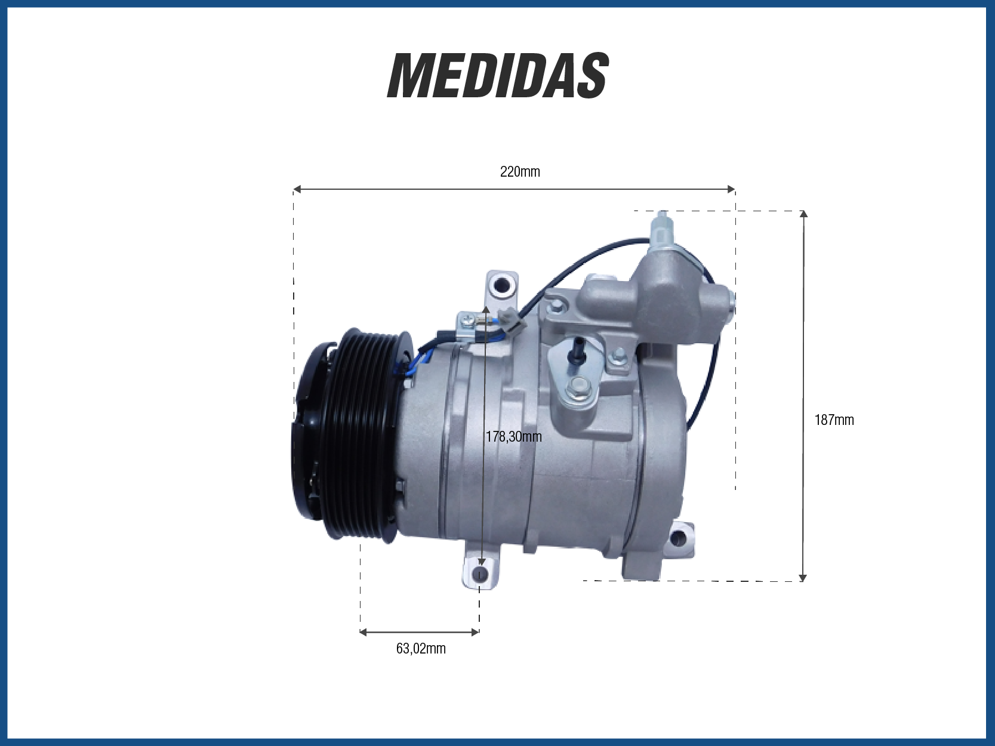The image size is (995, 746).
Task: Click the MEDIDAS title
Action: pyautogui.click(x=497, y=76)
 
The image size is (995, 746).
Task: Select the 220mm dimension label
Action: pyautogui.click(x=520, y=172)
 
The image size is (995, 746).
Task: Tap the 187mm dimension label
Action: pyautogui.click(x=834, y=420)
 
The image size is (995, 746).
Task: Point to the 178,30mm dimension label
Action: pyautogui.click(x=513, y=436)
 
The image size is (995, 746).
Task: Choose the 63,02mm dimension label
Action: pyautogui.click(x=421, y=649)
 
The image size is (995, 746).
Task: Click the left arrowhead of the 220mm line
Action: pyautogui.click(x=297, y=189)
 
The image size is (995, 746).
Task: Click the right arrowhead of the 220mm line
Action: pyautogui.click(x=731, y=189)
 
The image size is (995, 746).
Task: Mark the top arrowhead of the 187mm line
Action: pyautogui.click(x=804, y=214)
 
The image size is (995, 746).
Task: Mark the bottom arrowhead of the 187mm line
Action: pyautogui.click(x=803, y=577)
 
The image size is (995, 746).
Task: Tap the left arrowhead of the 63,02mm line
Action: pyautogui.click(x=364, y=632)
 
